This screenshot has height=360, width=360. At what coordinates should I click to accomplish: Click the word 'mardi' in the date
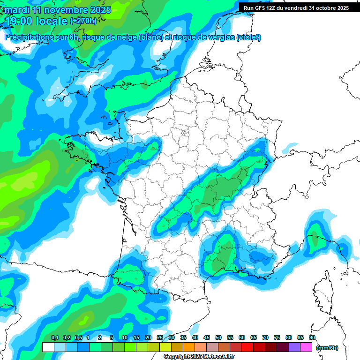point(17,10)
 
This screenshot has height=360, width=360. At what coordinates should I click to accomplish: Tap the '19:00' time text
point(22,21)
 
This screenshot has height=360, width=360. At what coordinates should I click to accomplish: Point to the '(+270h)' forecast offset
point(83,21)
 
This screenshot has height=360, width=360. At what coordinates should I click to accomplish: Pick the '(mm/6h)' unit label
point(327,348)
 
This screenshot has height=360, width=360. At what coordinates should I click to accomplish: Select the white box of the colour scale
point(48,347)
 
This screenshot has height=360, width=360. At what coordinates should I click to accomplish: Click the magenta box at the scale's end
point(306,347)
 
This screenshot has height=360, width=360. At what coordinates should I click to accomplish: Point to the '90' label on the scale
point(312,337)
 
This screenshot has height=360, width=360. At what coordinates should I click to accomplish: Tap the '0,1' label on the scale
point(54,337)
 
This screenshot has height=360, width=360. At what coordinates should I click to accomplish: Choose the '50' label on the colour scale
point(218,337)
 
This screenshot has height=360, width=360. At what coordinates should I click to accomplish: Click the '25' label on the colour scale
point(160,337)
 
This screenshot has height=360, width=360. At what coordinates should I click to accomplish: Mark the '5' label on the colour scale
point(112,337)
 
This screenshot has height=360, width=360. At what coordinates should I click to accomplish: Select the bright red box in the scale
point(247,347)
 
